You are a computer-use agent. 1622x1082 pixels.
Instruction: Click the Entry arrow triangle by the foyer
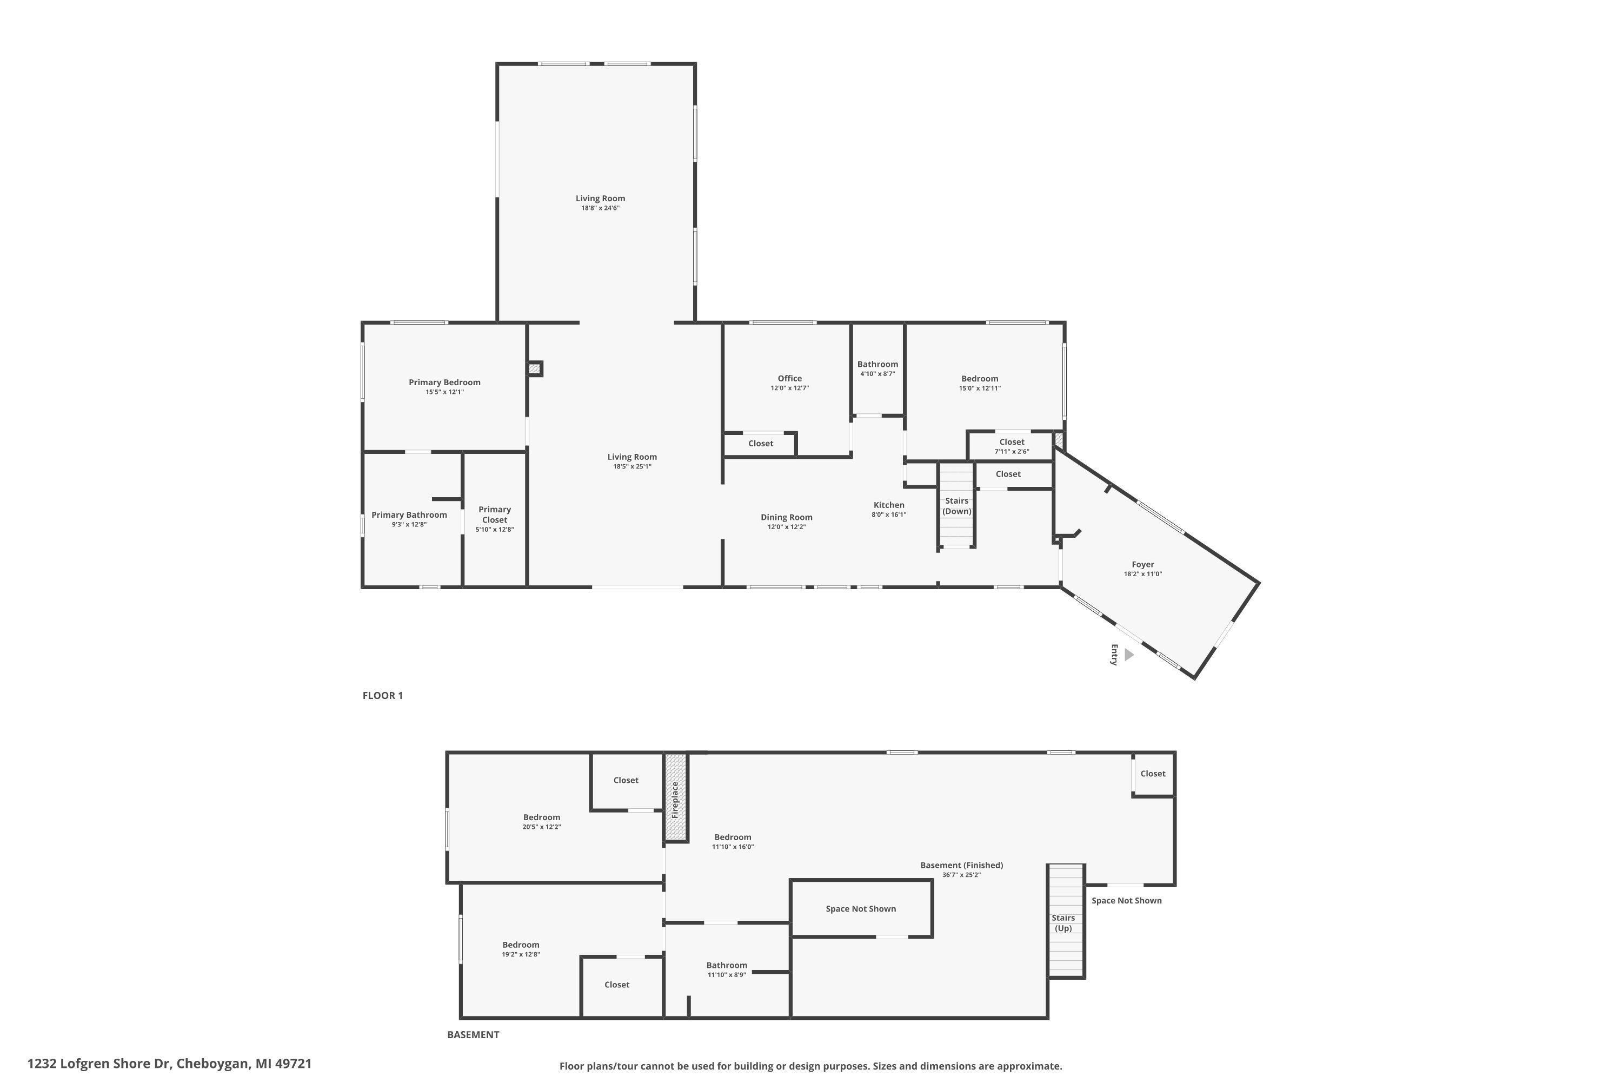point(1128,654)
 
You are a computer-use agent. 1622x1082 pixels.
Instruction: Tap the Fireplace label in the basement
point(675,799)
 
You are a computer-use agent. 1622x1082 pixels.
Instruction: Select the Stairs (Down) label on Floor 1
point(956,506)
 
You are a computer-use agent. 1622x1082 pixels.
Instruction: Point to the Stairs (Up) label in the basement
point(1063,922)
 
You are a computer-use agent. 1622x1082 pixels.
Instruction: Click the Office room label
point(789,378)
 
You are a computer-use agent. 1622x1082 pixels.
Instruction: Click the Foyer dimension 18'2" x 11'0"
point(1143,574)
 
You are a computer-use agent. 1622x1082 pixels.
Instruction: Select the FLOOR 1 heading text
point(383,696)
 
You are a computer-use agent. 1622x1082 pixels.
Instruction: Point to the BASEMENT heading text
point(473,1034)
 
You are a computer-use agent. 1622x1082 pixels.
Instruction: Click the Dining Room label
point(786,517)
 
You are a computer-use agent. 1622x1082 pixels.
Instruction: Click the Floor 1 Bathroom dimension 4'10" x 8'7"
point(877,374)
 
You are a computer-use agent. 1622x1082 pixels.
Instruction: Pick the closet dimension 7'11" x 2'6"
point(1012,452)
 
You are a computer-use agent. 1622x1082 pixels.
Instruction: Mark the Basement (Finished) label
point(961,865)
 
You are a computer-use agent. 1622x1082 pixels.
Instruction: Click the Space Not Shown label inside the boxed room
point(861,909)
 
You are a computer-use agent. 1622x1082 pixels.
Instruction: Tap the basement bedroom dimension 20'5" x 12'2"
point(541,827)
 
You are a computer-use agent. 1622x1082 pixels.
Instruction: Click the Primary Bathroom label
point(409,515)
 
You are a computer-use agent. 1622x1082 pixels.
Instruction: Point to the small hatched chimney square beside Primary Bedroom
point(535,368)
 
